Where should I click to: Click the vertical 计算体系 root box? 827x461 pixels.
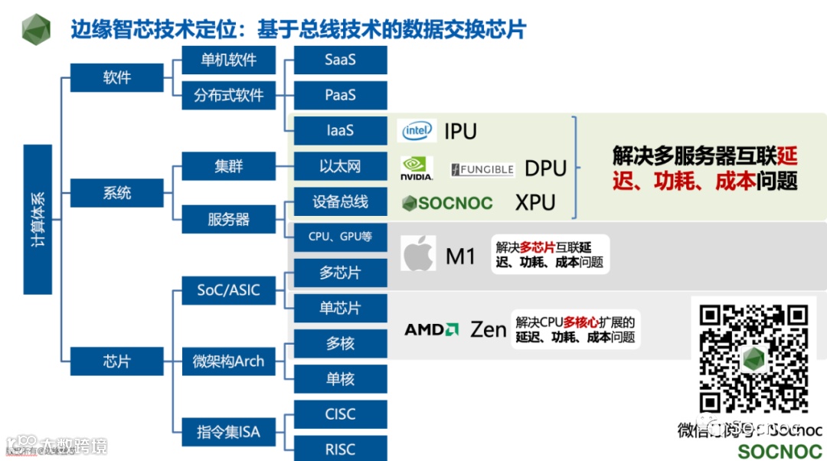(x=38, y=219)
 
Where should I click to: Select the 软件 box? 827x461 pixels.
(x=117, y=77)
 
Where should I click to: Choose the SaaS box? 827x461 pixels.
(x=340, y=60)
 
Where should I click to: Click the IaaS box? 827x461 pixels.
(x=340, y=130)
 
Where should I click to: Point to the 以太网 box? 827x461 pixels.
(x=340, y=166)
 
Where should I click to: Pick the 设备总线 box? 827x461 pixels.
(x=340, y=201)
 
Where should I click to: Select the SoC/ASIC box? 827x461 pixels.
(x=228, y=290)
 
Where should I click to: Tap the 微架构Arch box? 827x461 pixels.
(x=228, y=361)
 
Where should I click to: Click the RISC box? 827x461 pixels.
(x=340, y=449)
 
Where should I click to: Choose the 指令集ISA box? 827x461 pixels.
(x=228, y=432)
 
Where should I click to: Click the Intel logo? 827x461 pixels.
(x=418, y=131)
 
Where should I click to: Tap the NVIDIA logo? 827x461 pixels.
(x=417, y=168)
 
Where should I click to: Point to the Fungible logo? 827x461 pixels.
(x=482, y=169)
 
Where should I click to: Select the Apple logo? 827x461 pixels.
(x=418, y=253)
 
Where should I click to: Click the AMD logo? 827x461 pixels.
(x=431, y=330)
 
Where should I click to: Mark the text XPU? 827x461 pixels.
(x=535, y=203)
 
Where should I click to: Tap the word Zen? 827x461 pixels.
(x=489, y=330)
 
